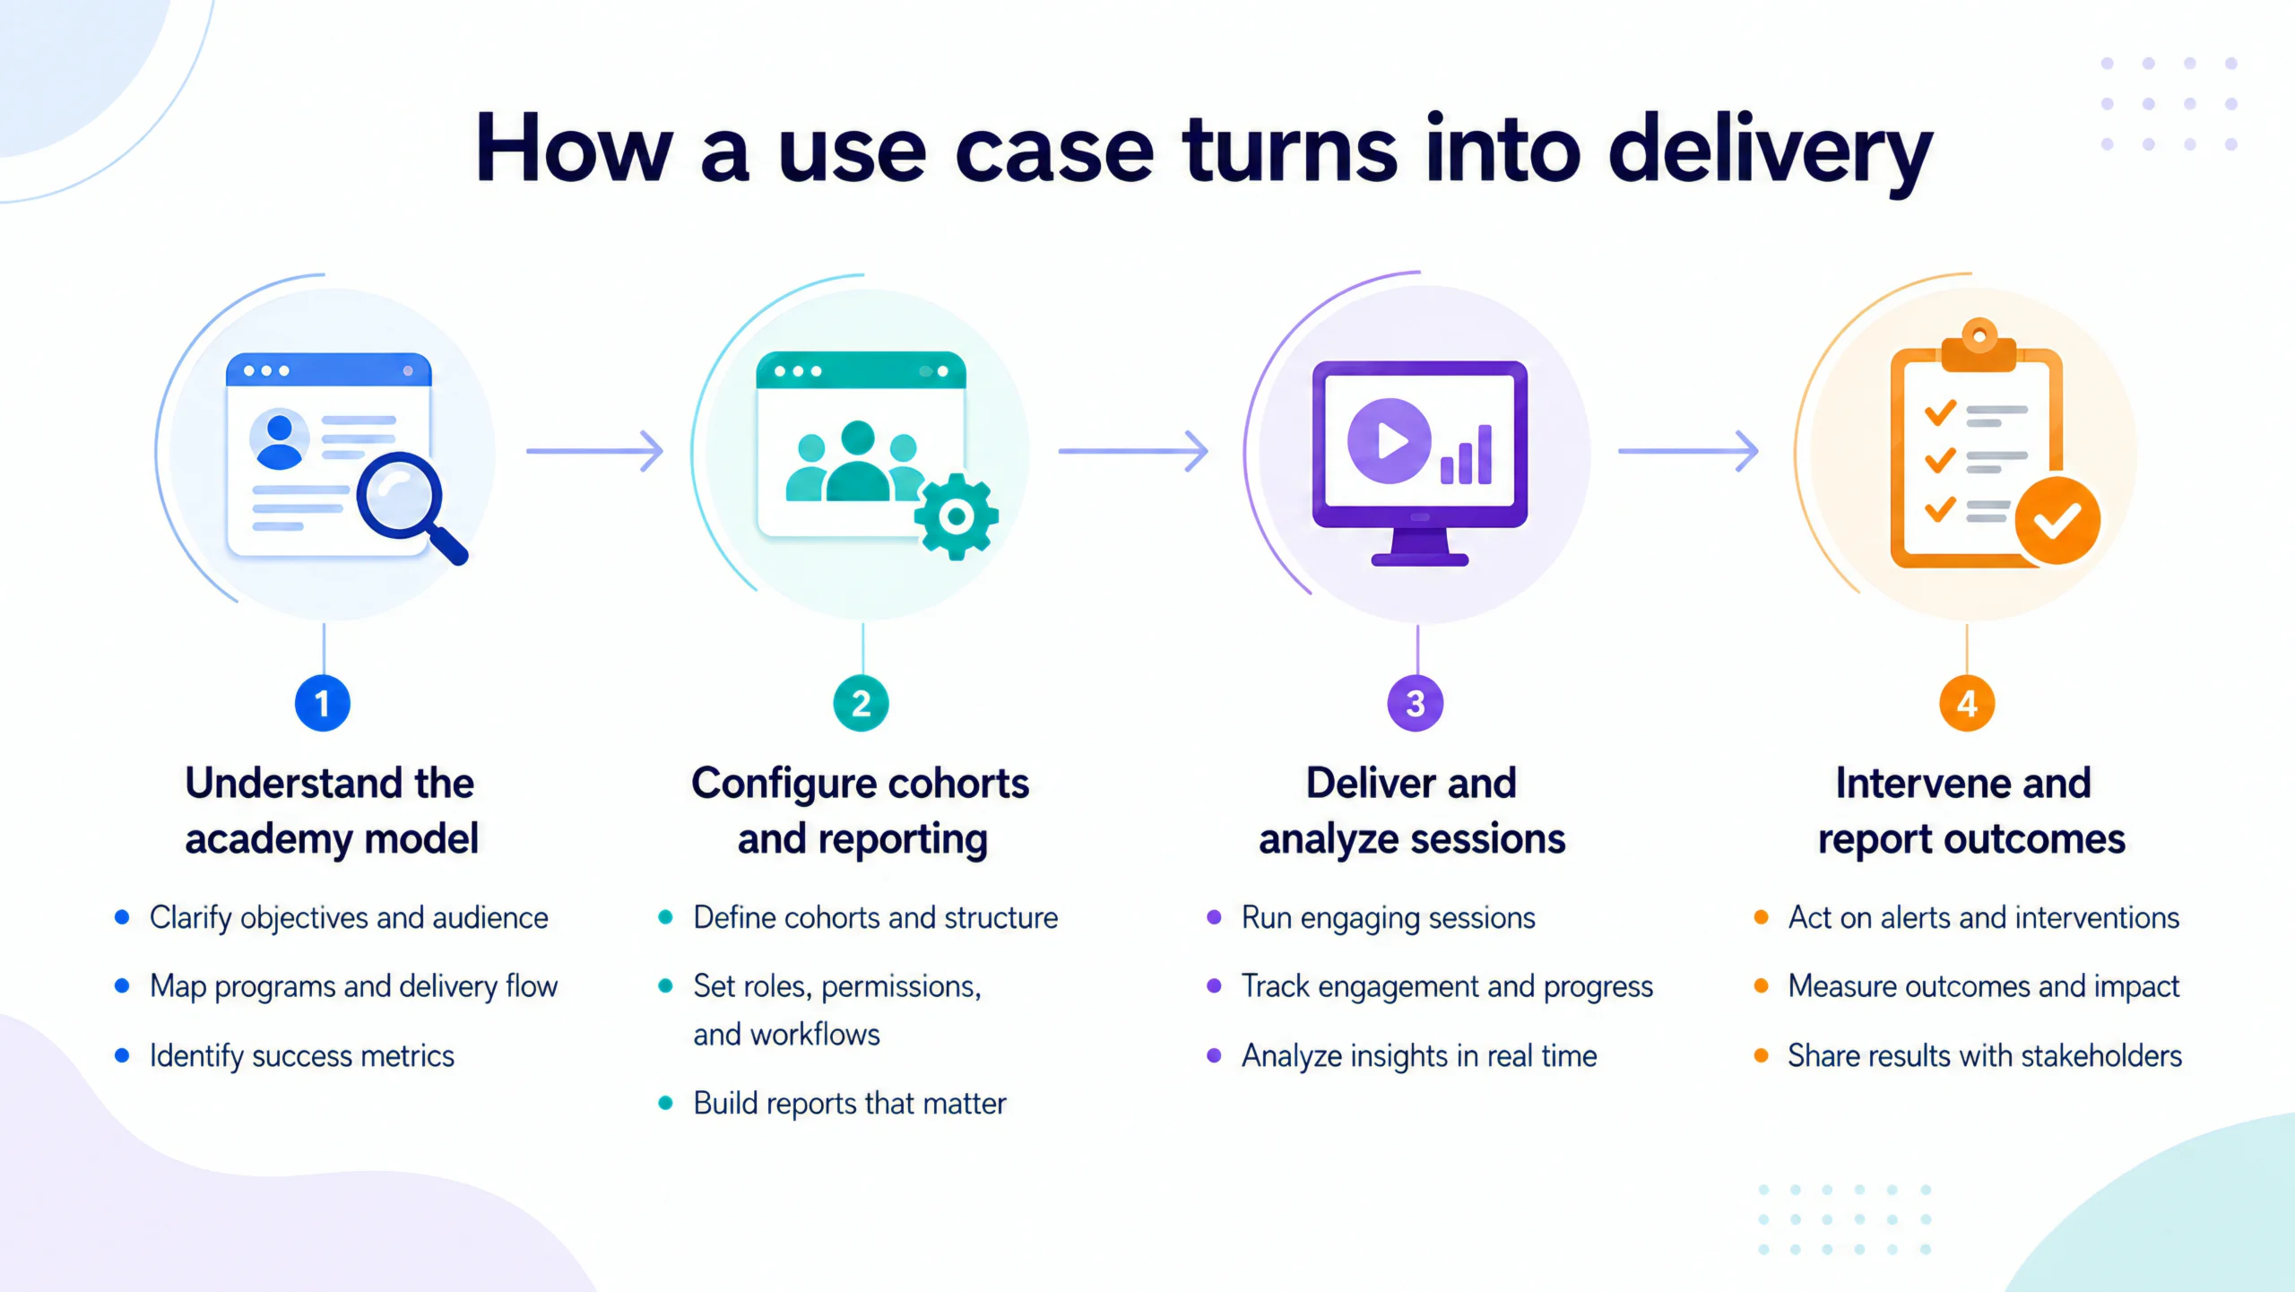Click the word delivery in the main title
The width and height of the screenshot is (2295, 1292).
pos(1771,152)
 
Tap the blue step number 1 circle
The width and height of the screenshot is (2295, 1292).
pos(323,703)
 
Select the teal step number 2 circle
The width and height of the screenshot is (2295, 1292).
pos(861,703)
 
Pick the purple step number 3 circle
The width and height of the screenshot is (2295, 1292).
pos(1416,703)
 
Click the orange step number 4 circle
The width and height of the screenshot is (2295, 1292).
pos(1967,703)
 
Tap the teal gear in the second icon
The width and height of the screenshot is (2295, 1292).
pos(956,516)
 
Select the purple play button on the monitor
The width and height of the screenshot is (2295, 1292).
pos(1389,440)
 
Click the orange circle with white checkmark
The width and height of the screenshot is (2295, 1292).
pos(2057,520)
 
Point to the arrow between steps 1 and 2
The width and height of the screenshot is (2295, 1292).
pos(595,450)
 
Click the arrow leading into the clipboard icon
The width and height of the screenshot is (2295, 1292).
pos(1688,450)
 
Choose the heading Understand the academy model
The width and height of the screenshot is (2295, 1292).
pos(331,811)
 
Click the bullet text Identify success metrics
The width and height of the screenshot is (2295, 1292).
pos(302,1056)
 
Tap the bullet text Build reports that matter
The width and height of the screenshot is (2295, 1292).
pos(850,1104)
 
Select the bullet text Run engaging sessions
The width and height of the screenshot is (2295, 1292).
pos(1389,918)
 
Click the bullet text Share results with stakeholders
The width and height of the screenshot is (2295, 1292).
pos(1985,1056)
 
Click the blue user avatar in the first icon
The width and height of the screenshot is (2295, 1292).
pos(280,440)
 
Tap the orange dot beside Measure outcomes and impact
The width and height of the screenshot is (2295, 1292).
pos(1761,986)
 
